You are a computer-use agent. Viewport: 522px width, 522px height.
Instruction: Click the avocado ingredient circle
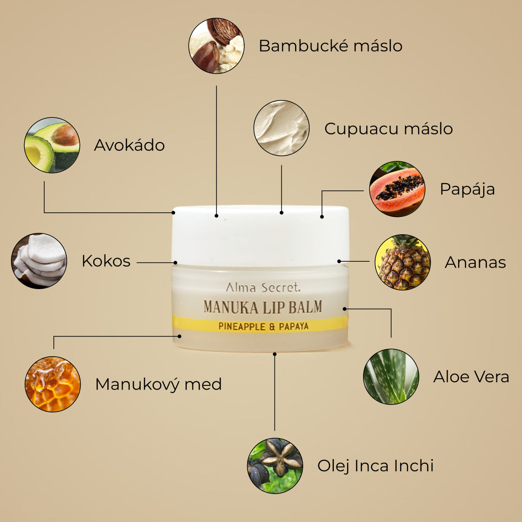[52, 145]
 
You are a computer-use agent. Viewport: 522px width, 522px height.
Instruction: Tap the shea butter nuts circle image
[216, 46]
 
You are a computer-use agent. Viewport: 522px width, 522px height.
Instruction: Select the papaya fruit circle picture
[397, 189]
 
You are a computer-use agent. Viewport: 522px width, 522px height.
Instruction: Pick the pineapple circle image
[403, 262]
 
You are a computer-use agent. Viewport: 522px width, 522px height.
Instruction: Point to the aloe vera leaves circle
[391, 376]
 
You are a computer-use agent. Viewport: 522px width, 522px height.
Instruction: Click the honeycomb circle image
[53, 384]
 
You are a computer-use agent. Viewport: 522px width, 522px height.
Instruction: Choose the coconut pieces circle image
[39, 261]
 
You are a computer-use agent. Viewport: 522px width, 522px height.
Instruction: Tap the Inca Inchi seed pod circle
[275, 465]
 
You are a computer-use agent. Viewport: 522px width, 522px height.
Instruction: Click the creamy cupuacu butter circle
[282, 128]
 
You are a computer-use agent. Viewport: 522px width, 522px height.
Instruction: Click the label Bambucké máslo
[331, 46]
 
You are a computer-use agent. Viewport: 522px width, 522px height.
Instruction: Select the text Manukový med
[158, 384]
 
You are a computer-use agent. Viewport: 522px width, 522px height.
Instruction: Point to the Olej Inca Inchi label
[375, 466]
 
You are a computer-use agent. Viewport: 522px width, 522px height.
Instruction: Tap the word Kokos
[106, 261]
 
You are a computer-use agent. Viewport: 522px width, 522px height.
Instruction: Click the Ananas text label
[475, 262]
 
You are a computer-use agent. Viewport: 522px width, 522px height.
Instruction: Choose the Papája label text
[467, 189]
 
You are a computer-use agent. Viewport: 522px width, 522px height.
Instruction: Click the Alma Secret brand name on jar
[263, 287]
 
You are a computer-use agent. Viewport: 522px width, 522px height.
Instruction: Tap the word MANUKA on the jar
[231, 307]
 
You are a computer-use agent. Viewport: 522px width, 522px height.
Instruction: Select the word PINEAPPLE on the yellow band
[242, 326]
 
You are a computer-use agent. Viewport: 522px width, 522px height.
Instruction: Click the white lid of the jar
[260, 236]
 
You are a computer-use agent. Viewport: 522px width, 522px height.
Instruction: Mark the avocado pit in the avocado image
[65, 135]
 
